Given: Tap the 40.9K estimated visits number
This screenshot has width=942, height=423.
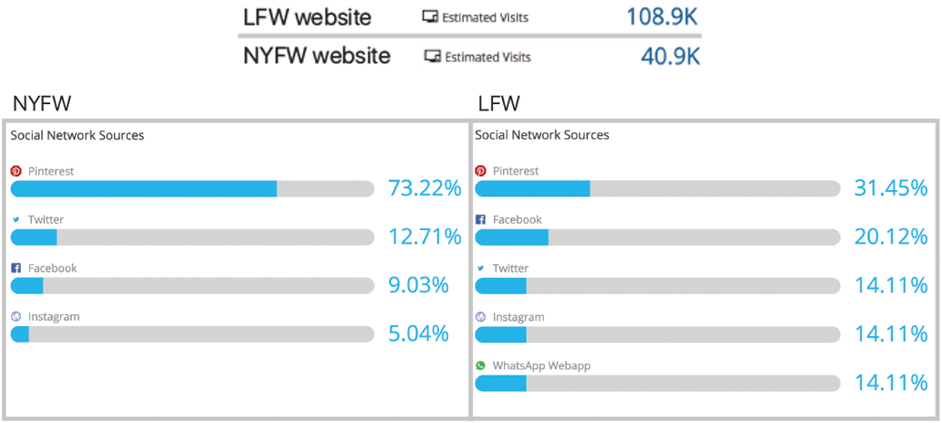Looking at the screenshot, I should click(x=670, y=57).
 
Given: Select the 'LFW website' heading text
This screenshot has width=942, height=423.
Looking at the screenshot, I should click(x=307, y=16).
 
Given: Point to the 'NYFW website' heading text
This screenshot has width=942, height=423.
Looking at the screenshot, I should click(x=317, y=56).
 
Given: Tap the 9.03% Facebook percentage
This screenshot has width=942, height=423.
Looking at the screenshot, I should click(x=418, y=285).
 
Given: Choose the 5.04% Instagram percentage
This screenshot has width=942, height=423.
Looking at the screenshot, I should click(x=418, y=333).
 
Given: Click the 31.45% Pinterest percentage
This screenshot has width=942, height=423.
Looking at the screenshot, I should click(x=891, y=188).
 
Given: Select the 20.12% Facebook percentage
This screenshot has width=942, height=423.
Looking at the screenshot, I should click(x=891, y=237).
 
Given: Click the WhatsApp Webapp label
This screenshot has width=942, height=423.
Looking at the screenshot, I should click(x=541, y=365).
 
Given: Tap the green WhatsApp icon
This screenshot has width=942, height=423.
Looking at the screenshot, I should click(x=480, y=365).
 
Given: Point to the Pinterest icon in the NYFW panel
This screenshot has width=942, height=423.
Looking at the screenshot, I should click(x=16, y=171).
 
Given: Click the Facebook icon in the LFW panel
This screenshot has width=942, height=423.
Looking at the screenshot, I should click(x=480, y=220).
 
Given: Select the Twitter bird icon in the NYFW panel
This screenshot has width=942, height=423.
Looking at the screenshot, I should click(x=16, y=220).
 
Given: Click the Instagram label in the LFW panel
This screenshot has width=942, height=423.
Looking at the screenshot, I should click(x=518, y=317).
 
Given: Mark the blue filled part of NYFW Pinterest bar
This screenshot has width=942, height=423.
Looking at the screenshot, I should click(x=143, y=188).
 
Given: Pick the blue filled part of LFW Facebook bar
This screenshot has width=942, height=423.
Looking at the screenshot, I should click(x=511, y=237).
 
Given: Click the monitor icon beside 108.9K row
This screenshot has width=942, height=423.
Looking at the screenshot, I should click(x=430, y=16).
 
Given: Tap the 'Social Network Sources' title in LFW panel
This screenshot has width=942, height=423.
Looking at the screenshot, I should click(x=542, y=135).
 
